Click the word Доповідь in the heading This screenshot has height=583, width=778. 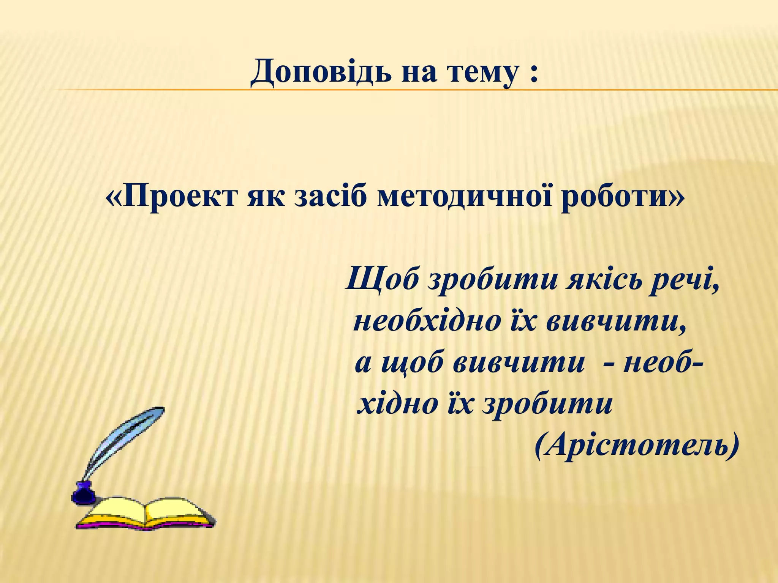[x=321, y=72]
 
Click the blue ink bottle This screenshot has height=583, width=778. [x=83, y=493]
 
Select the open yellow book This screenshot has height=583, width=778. [x=146, y=512]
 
